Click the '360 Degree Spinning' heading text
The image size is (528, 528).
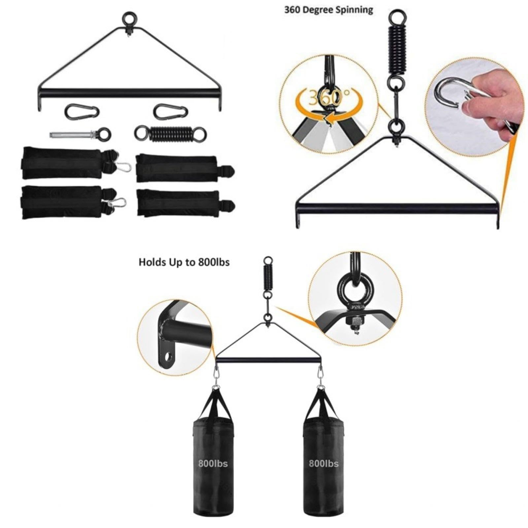pyautogui.click(x=329, y=10)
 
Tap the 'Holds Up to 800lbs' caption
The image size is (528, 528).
pyautogui.click(x=184, y=262)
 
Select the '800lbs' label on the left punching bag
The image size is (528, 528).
pyautogui.click(x=213, y=463)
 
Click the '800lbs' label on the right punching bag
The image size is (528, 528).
pyautogui.click(x=323, y=463)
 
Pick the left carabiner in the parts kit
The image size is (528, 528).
pyautogui.click(x=82, y=112)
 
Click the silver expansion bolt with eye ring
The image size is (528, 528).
pyautogui.click(x=80, y=134)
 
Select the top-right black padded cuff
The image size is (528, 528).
pyautogui.click(x=185, y=168)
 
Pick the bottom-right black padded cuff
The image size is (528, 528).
pyautogui.click(x=185, y=203)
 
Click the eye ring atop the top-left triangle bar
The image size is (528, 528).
pyautogui.click(x=129, y=18)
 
